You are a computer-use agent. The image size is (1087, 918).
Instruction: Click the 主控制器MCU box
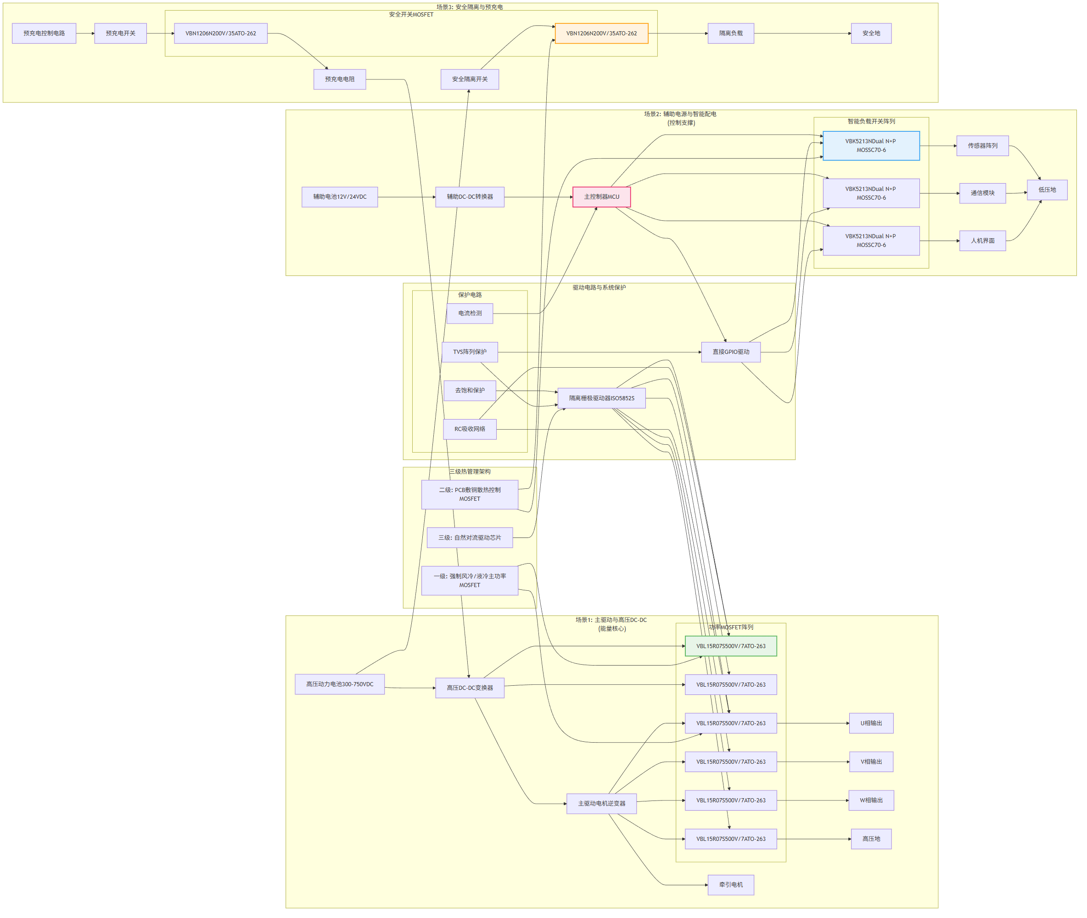click(x=601, y=197)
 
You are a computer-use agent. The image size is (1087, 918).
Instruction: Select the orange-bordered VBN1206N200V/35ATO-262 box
click(x=601, y=34)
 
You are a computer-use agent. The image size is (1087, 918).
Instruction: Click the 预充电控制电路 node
click(x=44, y=34)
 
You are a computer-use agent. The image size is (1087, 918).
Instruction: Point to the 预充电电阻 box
click(x=339, y=79)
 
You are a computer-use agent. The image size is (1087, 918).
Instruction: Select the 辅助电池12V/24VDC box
click(x=339, y=197)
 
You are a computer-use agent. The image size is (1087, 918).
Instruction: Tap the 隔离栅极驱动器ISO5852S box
click(x=601, y=398)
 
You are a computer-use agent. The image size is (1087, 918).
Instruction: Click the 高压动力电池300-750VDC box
click(x=339, y=684)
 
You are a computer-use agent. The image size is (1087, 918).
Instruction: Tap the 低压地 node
click(x=1047, y=190)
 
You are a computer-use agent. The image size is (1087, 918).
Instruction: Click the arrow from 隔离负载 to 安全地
click(x=802, y=34)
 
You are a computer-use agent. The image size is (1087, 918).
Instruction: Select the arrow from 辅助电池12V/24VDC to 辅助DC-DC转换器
click(x=406, y=197)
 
